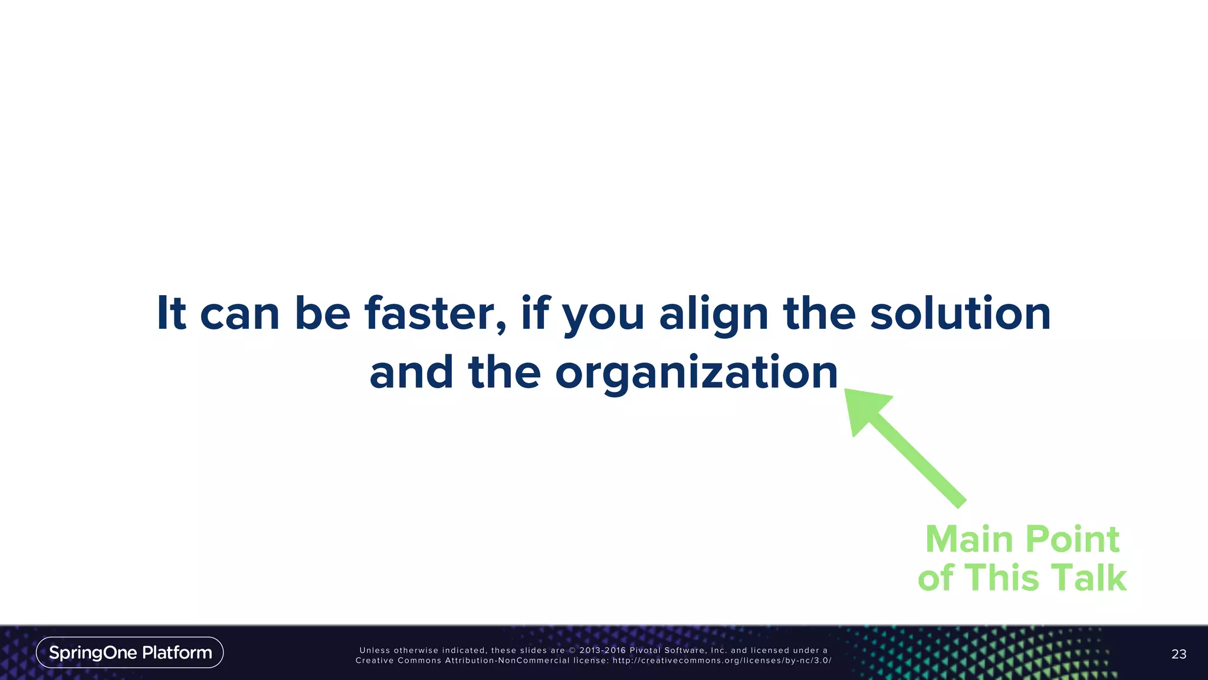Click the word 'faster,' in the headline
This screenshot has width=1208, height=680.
pos(435,313)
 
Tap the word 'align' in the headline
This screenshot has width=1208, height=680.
pos(714,315)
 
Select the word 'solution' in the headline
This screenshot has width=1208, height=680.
pos(960,313)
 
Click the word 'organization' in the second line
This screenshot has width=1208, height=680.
pos(696,374)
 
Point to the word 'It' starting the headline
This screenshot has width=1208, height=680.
pos(171,313)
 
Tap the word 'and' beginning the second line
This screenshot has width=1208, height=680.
pos(411,372)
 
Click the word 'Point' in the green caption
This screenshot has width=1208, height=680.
pos(1072,540)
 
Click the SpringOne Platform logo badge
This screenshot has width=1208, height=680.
pos(130,652)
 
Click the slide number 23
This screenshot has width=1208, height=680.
pos(1179,654)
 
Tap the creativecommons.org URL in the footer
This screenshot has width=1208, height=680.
pos(722,661)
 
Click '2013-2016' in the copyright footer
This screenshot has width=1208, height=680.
pos(602,650)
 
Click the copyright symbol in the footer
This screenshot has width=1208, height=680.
pos(572,650)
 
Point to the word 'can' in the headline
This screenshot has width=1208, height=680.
pos(239,315)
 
